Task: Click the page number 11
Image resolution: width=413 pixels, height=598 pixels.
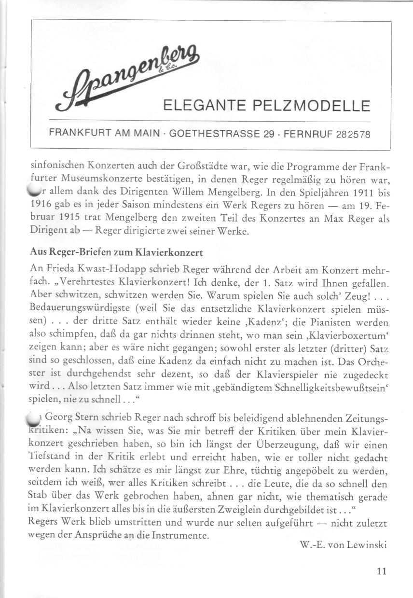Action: (382, 571)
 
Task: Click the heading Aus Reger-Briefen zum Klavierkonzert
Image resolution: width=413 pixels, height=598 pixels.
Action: (116, 252)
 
